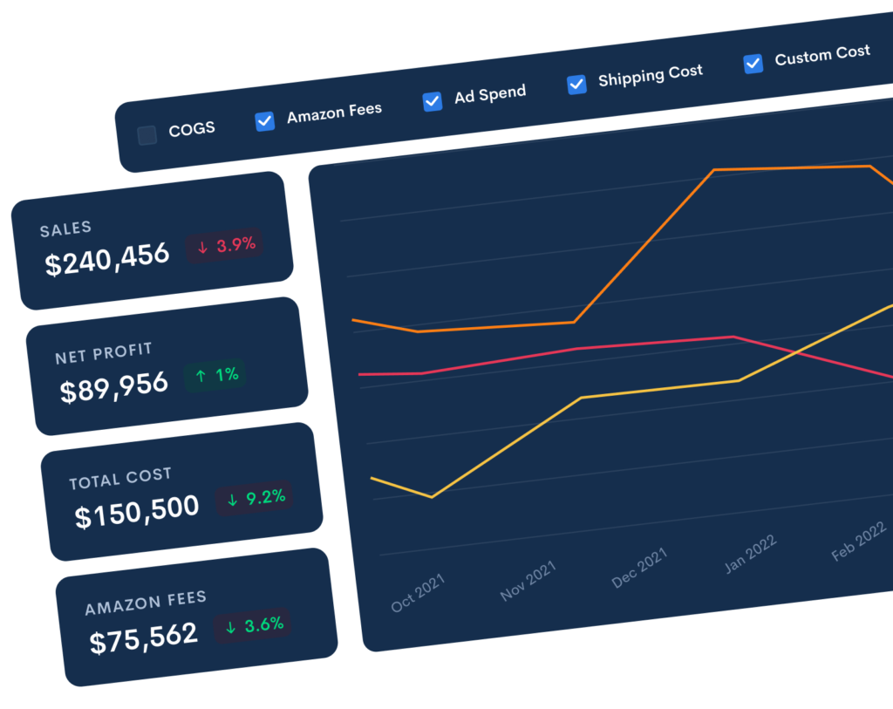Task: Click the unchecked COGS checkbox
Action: tap(147, 135)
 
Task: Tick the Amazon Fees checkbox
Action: tap(265, 121)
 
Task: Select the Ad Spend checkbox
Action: tap(433, 101)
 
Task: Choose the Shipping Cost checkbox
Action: tap(576, 84)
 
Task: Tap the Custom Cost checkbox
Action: tap(753, 63)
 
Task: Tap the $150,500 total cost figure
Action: tap(137, 510)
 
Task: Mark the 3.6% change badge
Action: tap(254, 625)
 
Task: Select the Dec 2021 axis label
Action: tap(639, 568)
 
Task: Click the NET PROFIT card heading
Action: tap(104, 353)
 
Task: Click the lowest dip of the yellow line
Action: tap(432, 497)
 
